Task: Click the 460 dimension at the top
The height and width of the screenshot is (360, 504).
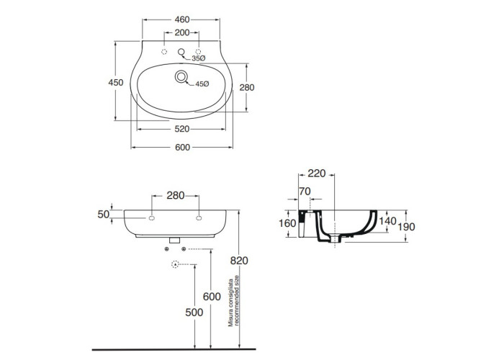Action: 182,19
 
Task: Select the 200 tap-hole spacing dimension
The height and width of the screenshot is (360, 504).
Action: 182,32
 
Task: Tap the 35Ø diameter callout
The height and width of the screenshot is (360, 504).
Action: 198,58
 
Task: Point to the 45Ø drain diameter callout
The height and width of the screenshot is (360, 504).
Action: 202,84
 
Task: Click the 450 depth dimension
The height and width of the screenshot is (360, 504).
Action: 116,83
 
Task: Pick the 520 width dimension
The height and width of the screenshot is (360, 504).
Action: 182,129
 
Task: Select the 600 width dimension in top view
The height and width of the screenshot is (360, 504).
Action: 183,147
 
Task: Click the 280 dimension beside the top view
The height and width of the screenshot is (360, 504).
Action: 247,87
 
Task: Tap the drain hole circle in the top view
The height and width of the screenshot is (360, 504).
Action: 181,77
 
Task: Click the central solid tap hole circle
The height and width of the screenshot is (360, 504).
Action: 181,51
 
